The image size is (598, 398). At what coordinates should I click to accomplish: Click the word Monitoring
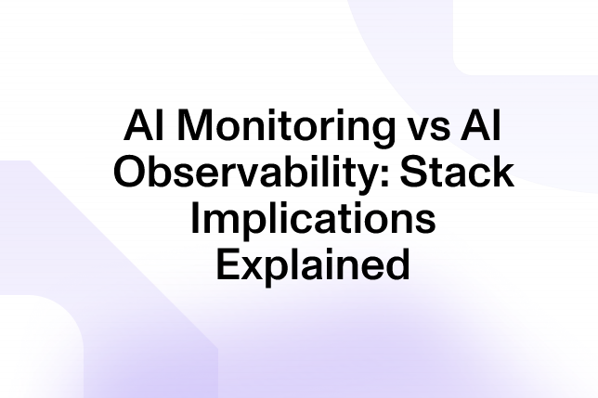click(286, 128)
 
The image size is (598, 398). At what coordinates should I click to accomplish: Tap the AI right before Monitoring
click(145, 125)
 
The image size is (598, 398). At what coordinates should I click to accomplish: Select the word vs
click(426, 129)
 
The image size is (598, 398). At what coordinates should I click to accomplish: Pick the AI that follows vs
click(480, 125)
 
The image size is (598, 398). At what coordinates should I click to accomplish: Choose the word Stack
click(457, 171)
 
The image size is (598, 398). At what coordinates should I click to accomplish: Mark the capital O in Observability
click(130, 172)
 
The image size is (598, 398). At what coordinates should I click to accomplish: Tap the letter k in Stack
click(501, 171)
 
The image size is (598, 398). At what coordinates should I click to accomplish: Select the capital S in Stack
click(413, 172)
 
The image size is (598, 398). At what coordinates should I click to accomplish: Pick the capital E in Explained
click(228, 263)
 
